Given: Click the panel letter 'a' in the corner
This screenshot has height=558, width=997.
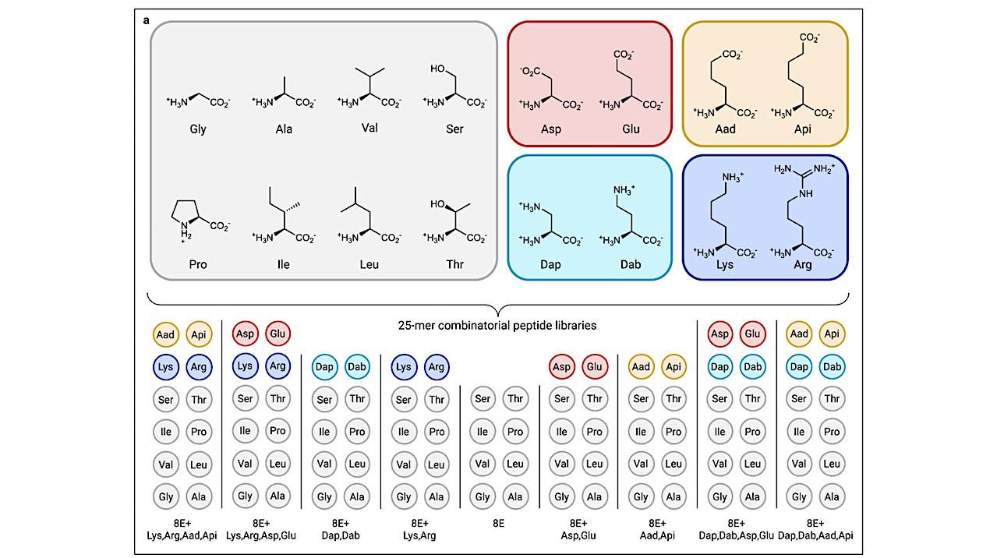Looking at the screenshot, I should tap(147, 19).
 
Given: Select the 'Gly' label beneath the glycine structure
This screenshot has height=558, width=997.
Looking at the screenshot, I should tap(198, 129).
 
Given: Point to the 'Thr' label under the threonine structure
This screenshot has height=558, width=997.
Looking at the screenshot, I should tap(454, 264).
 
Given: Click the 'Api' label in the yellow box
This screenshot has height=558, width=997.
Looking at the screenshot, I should tap(802, 129).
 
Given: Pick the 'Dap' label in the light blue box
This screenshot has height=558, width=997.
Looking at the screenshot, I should tap(550, 264).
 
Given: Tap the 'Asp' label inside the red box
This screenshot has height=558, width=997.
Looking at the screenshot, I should tap(550, 129).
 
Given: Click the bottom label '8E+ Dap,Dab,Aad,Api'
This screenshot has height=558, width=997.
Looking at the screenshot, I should tap(815, 529).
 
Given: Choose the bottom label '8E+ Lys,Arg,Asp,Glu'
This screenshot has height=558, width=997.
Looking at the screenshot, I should tap(261, 529).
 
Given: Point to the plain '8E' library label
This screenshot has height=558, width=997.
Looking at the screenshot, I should tap(498, 524).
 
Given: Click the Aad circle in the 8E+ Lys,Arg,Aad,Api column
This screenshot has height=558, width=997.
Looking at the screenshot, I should tap(165, 334).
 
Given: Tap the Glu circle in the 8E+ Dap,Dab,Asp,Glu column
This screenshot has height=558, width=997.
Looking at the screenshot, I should tap(752, 334).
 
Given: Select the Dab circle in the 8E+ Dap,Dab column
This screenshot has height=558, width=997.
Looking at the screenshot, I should tap(357, 366).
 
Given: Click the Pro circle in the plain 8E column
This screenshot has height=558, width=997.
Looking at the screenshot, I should tap(515, 432).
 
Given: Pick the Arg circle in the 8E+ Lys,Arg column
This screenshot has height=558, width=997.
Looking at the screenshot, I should tap(437, 366).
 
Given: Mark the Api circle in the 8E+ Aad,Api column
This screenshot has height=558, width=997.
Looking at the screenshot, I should tap(674, 366).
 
